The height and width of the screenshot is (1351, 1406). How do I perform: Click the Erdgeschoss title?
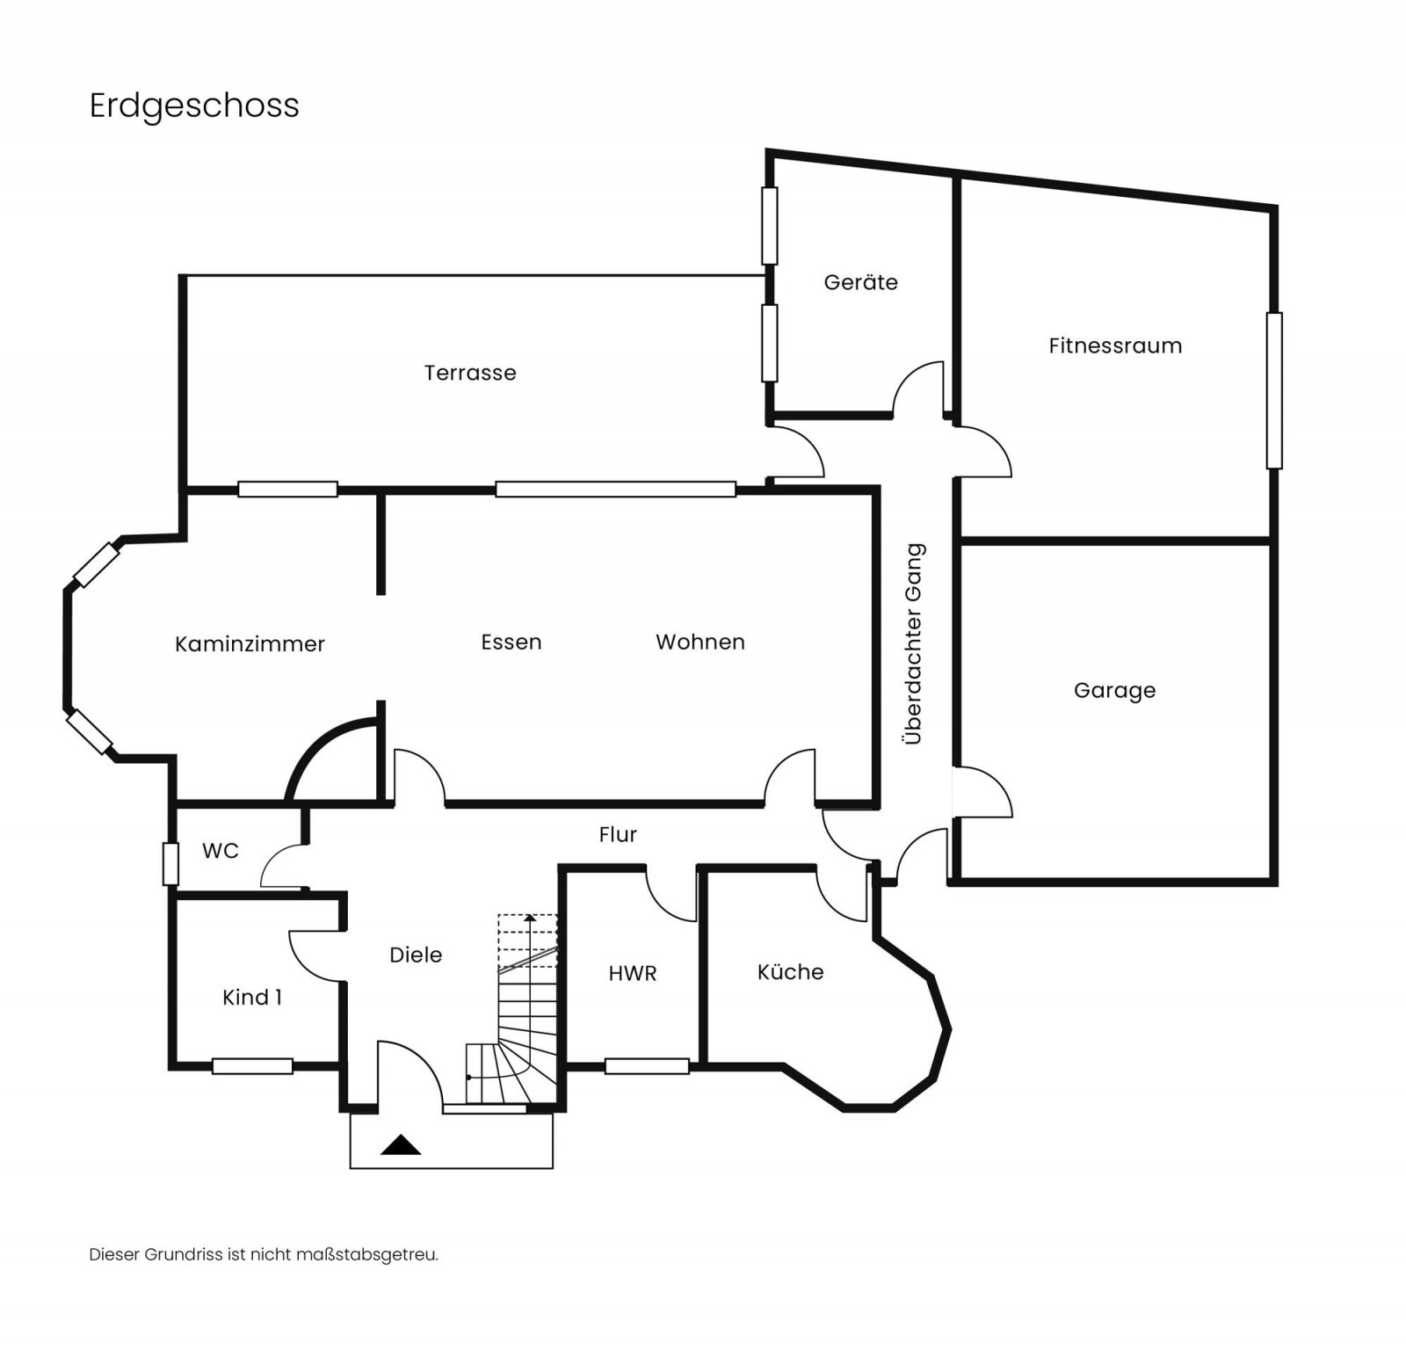coord(194,105)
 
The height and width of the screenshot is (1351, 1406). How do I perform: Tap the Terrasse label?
coord(470,373)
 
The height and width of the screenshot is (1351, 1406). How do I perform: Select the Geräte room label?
coord(860,282)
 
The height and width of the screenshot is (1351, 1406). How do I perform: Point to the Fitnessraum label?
coord(1115,345)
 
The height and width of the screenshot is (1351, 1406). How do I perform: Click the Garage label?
coord(1114,690)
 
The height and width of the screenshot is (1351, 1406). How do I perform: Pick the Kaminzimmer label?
coord(250,644)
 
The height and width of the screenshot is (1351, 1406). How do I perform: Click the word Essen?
coord(511,643)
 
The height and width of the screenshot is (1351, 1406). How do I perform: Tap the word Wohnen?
coord(699,643)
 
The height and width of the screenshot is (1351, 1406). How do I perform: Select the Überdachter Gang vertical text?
coord(914,643)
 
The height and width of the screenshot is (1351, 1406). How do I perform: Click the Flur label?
coord(617,834)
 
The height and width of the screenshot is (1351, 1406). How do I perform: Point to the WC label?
coord(220,851)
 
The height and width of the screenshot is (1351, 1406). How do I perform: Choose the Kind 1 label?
coord(252,997)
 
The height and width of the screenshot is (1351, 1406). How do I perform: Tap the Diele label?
coord(416,955)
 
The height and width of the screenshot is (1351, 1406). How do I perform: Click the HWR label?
coord(632,973)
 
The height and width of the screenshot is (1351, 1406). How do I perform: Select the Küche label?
coord(790,971)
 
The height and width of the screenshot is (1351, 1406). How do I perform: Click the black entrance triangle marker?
coord(401,1144)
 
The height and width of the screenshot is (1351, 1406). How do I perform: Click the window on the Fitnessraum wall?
coord(1273,390)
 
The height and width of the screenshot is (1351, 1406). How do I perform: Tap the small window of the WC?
coord(170,863)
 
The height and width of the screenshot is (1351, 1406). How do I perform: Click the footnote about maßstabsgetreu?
coord(264,1254)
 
